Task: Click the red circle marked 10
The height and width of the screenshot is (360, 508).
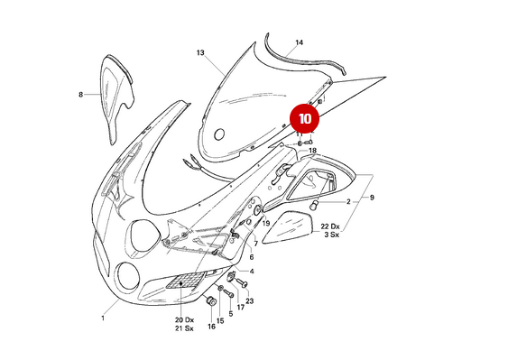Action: point(305,118)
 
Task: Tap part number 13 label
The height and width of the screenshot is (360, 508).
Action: point(200,52)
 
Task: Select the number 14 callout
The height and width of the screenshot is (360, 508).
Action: point(299,42)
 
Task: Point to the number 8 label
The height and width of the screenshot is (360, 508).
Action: point(80,95)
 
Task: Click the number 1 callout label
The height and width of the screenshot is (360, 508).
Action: point(103,318)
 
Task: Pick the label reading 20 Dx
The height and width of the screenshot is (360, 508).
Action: point(184,319)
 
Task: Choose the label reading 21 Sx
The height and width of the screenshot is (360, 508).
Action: point(184,328)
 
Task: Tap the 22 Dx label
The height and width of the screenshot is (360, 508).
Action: point(330,226)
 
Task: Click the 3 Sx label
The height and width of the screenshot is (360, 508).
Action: point(332,235)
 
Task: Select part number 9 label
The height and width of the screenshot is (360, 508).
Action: point(372,198)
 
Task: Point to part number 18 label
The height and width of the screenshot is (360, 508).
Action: point(312,151)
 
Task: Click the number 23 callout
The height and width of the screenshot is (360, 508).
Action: point(249,301)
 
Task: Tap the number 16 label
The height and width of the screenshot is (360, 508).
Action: point(211,327)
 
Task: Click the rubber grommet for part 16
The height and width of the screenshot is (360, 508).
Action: point(211,301)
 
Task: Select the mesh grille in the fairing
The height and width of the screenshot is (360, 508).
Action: point(185,281)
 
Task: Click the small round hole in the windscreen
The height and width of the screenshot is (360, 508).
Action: point(219,134)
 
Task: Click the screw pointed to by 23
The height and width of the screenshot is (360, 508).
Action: point(242,283)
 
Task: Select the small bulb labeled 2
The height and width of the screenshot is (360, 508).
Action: point(314,205)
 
